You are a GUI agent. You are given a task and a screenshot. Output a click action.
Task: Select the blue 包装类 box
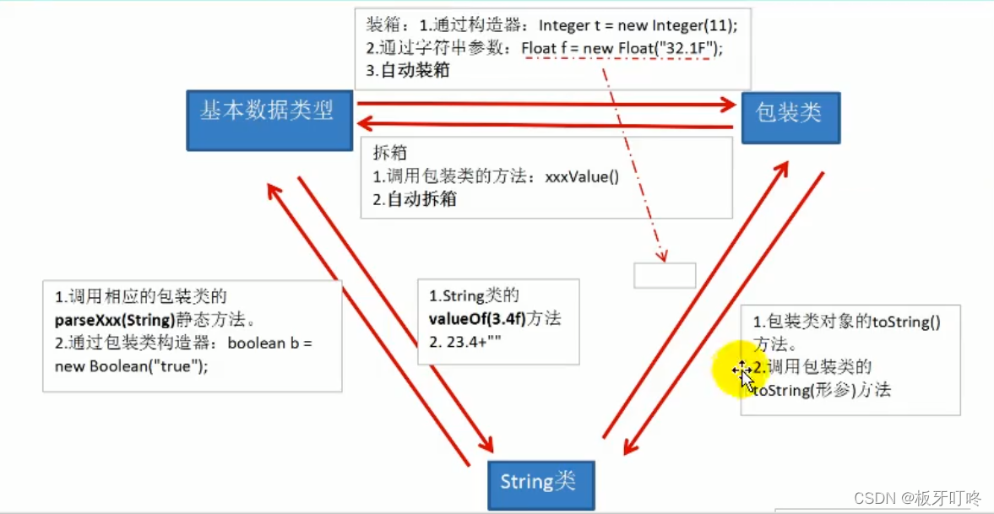coord(790,117)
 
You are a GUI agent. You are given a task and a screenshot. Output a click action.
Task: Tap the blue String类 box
coord(540,484)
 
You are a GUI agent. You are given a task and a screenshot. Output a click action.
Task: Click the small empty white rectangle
coord(665,276)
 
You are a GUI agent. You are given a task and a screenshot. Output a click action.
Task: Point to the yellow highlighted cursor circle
coord(742,369)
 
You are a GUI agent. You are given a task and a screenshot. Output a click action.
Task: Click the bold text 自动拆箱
coord(421,200)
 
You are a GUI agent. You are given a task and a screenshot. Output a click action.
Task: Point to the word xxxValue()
coord(582,178)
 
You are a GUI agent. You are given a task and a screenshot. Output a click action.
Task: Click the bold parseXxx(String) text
coord(115,320)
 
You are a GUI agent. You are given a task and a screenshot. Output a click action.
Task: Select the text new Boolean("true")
coord(131,365)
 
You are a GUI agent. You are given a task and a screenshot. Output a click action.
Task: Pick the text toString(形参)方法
coord(822,390)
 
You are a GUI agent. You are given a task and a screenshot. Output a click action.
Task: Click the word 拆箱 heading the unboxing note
coord(390,154)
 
